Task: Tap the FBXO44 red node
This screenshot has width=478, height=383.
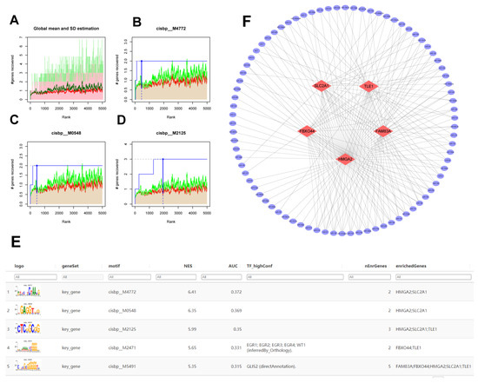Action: tap(307, 131)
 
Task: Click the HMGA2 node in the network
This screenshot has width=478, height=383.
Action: tap(346, 159)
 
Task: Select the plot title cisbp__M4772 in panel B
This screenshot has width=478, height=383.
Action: tap(181, 28)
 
